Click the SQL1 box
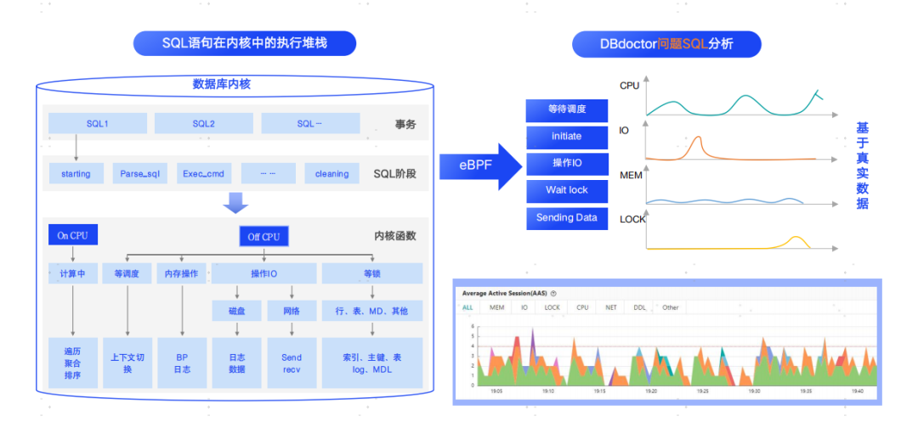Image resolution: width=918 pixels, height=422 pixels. click(97, 124)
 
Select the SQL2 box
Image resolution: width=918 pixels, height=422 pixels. click(203, 124)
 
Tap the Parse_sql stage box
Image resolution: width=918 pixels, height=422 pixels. click(139, 174)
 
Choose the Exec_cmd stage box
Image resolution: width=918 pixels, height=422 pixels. click(203, 174)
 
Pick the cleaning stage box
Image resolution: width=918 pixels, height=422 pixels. click(331, 174)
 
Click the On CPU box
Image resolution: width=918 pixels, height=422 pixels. click(72, 236)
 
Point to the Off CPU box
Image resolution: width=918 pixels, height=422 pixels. click(263, 237)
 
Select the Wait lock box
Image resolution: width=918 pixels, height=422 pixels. click(566, 190)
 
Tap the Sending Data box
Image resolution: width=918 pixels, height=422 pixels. click(566, 218)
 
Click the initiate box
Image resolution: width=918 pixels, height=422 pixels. click(566, 136)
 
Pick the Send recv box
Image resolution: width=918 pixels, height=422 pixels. click(292, 363)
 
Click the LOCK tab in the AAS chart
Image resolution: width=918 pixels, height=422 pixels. click(552, 307)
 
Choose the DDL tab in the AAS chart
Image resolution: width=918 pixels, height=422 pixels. click(639, 307)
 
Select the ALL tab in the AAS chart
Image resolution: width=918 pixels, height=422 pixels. click(467, 307)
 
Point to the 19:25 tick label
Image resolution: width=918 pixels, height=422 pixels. click(701, 391)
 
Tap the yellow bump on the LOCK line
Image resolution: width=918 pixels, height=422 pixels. click(796, 239)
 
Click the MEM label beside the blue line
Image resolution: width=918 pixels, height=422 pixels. click(630, 175)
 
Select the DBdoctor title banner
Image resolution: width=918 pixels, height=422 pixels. click(666, 43)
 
